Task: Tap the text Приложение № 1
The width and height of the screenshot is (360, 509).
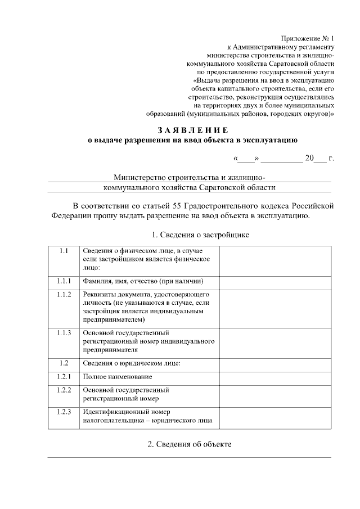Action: pyautogui.click(x=309, y=38)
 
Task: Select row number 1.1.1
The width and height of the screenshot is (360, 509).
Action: pyautogui.click(x=63, y=281)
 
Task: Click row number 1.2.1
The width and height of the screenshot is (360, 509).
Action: pyautogui.click(x=63, y=376)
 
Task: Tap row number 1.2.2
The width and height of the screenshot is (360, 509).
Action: pyautogui.click(x=63, y=390)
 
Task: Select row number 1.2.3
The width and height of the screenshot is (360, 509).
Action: pyautogui.click(x=63, y=412)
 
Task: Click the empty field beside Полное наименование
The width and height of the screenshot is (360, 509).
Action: pyautogui.click(x=275, y=376)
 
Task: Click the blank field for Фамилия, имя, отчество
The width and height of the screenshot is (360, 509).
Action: pyautogui.click(x=275, y=281)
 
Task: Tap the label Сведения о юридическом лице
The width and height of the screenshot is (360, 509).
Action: pyautogui.click(x=132, y=363)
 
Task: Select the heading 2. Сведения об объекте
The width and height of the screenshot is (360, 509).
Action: pyautogui.click(x=189, y=444)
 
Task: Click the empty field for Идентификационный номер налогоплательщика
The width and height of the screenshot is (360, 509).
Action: pyautogui.click(x=275, y=416)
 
